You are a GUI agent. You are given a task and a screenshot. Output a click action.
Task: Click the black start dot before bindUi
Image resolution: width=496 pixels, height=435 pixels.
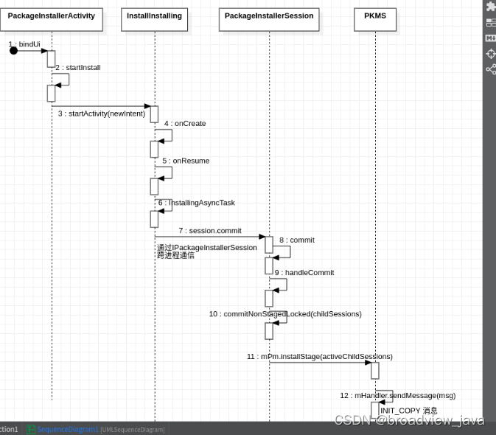pos(13,50)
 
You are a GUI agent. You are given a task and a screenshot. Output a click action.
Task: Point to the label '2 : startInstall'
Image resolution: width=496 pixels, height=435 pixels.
pos(77,67)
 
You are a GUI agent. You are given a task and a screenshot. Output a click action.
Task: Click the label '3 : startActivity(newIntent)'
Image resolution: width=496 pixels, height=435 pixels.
pos(102,114)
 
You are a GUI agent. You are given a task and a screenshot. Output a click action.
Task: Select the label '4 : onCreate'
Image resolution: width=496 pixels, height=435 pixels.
pos(185,123)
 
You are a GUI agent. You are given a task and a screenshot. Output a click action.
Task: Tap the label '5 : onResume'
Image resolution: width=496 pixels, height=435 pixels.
pos(186,160)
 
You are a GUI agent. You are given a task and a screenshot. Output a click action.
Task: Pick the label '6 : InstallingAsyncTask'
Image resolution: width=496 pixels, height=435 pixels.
pos(196,202)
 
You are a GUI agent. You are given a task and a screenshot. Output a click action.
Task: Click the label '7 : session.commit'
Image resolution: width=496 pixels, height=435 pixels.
pos(210,231)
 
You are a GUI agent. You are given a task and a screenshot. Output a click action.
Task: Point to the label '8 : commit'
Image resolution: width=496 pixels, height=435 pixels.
pos(297,240)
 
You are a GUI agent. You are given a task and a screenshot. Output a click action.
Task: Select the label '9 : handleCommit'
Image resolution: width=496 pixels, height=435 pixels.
pos(304,272)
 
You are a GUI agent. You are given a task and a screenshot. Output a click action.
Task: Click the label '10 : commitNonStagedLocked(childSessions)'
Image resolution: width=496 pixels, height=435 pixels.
pos(285,313)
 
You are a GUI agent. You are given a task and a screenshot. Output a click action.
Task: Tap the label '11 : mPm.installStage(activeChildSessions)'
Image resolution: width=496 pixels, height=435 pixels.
pos(319,356)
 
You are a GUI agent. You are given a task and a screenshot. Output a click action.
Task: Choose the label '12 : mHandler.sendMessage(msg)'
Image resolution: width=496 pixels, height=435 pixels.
pos(398,395)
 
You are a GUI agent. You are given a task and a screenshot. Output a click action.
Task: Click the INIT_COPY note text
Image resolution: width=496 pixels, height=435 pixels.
pos(409,410)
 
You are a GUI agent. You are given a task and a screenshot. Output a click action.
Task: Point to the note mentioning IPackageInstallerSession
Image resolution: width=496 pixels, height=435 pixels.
pos(206,251)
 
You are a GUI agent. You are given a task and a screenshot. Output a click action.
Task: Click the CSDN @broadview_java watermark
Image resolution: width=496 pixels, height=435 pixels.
pos(410,420)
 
